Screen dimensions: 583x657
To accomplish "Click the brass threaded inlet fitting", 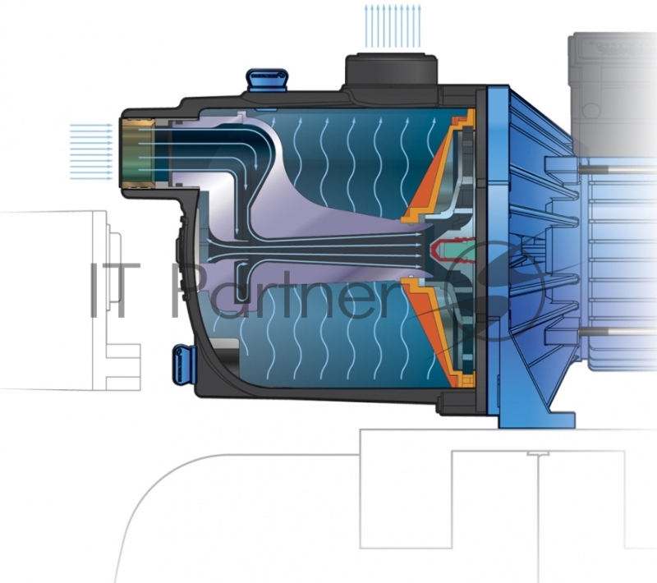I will click(x=136, y=152).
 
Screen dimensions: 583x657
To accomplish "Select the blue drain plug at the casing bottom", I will click(x=181, y=361).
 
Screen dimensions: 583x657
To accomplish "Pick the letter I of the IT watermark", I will click(x=97, y=291).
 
